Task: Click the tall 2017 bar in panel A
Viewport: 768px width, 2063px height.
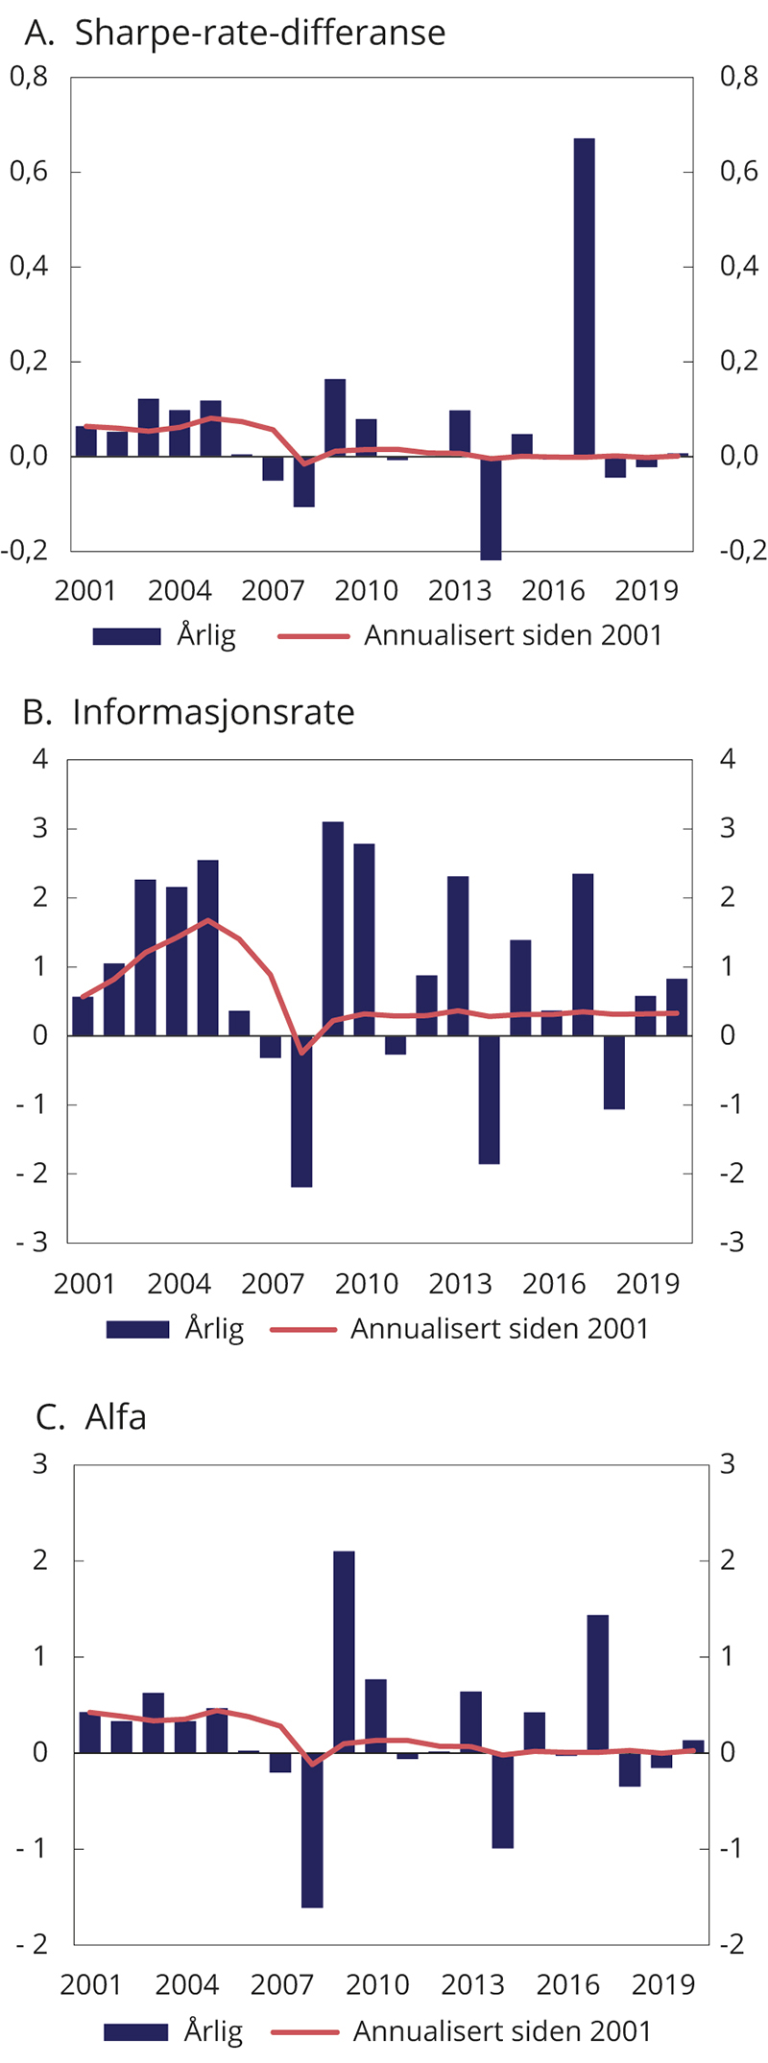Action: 585,297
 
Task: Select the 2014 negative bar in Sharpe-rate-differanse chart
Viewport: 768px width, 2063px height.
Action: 491,508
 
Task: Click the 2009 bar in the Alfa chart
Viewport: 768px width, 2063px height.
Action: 344,1651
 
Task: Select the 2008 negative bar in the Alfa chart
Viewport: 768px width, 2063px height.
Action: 312,1829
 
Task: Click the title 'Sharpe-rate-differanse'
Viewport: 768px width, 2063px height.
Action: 260,34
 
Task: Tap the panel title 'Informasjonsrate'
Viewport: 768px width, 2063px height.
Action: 213,712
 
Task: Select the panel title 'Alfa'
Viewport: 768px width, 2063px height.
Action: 115,1417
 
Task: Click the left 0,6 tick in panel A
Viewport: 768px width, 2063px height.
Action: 29,173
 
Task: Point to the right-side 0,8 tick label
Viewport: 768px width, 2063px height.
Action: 739,78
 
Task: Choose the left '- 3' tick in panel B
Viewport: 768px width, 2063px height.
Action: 31,1243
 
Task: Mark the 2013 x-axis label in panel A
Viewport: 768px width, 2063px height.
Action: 460,590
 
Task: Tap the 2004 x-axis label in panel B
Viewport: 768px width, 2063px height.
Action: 179,1284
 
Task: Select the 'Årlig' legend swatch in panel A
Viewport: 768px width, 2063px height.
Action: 127,636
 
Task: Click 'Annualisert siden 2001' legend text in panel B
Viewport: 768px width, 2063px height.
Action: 499,1329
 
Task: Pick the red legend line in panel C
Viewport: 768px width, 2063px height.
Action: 304,2031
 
